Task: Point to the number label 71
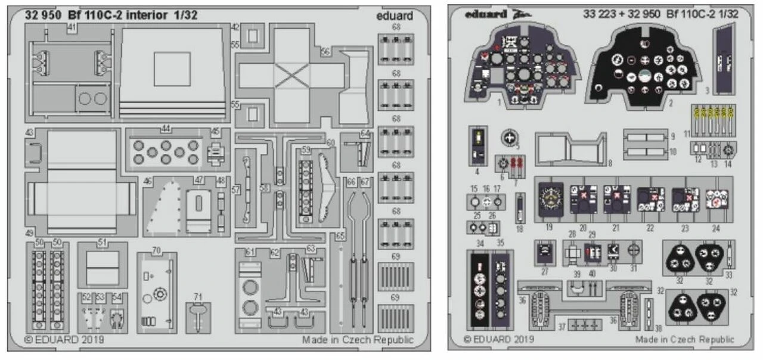(x=198, y=296)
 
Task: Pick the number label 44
(x=166, y=129)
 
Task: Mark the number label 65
(x=339, y=236)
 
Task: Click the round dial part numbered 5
(x=508, y=138)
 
